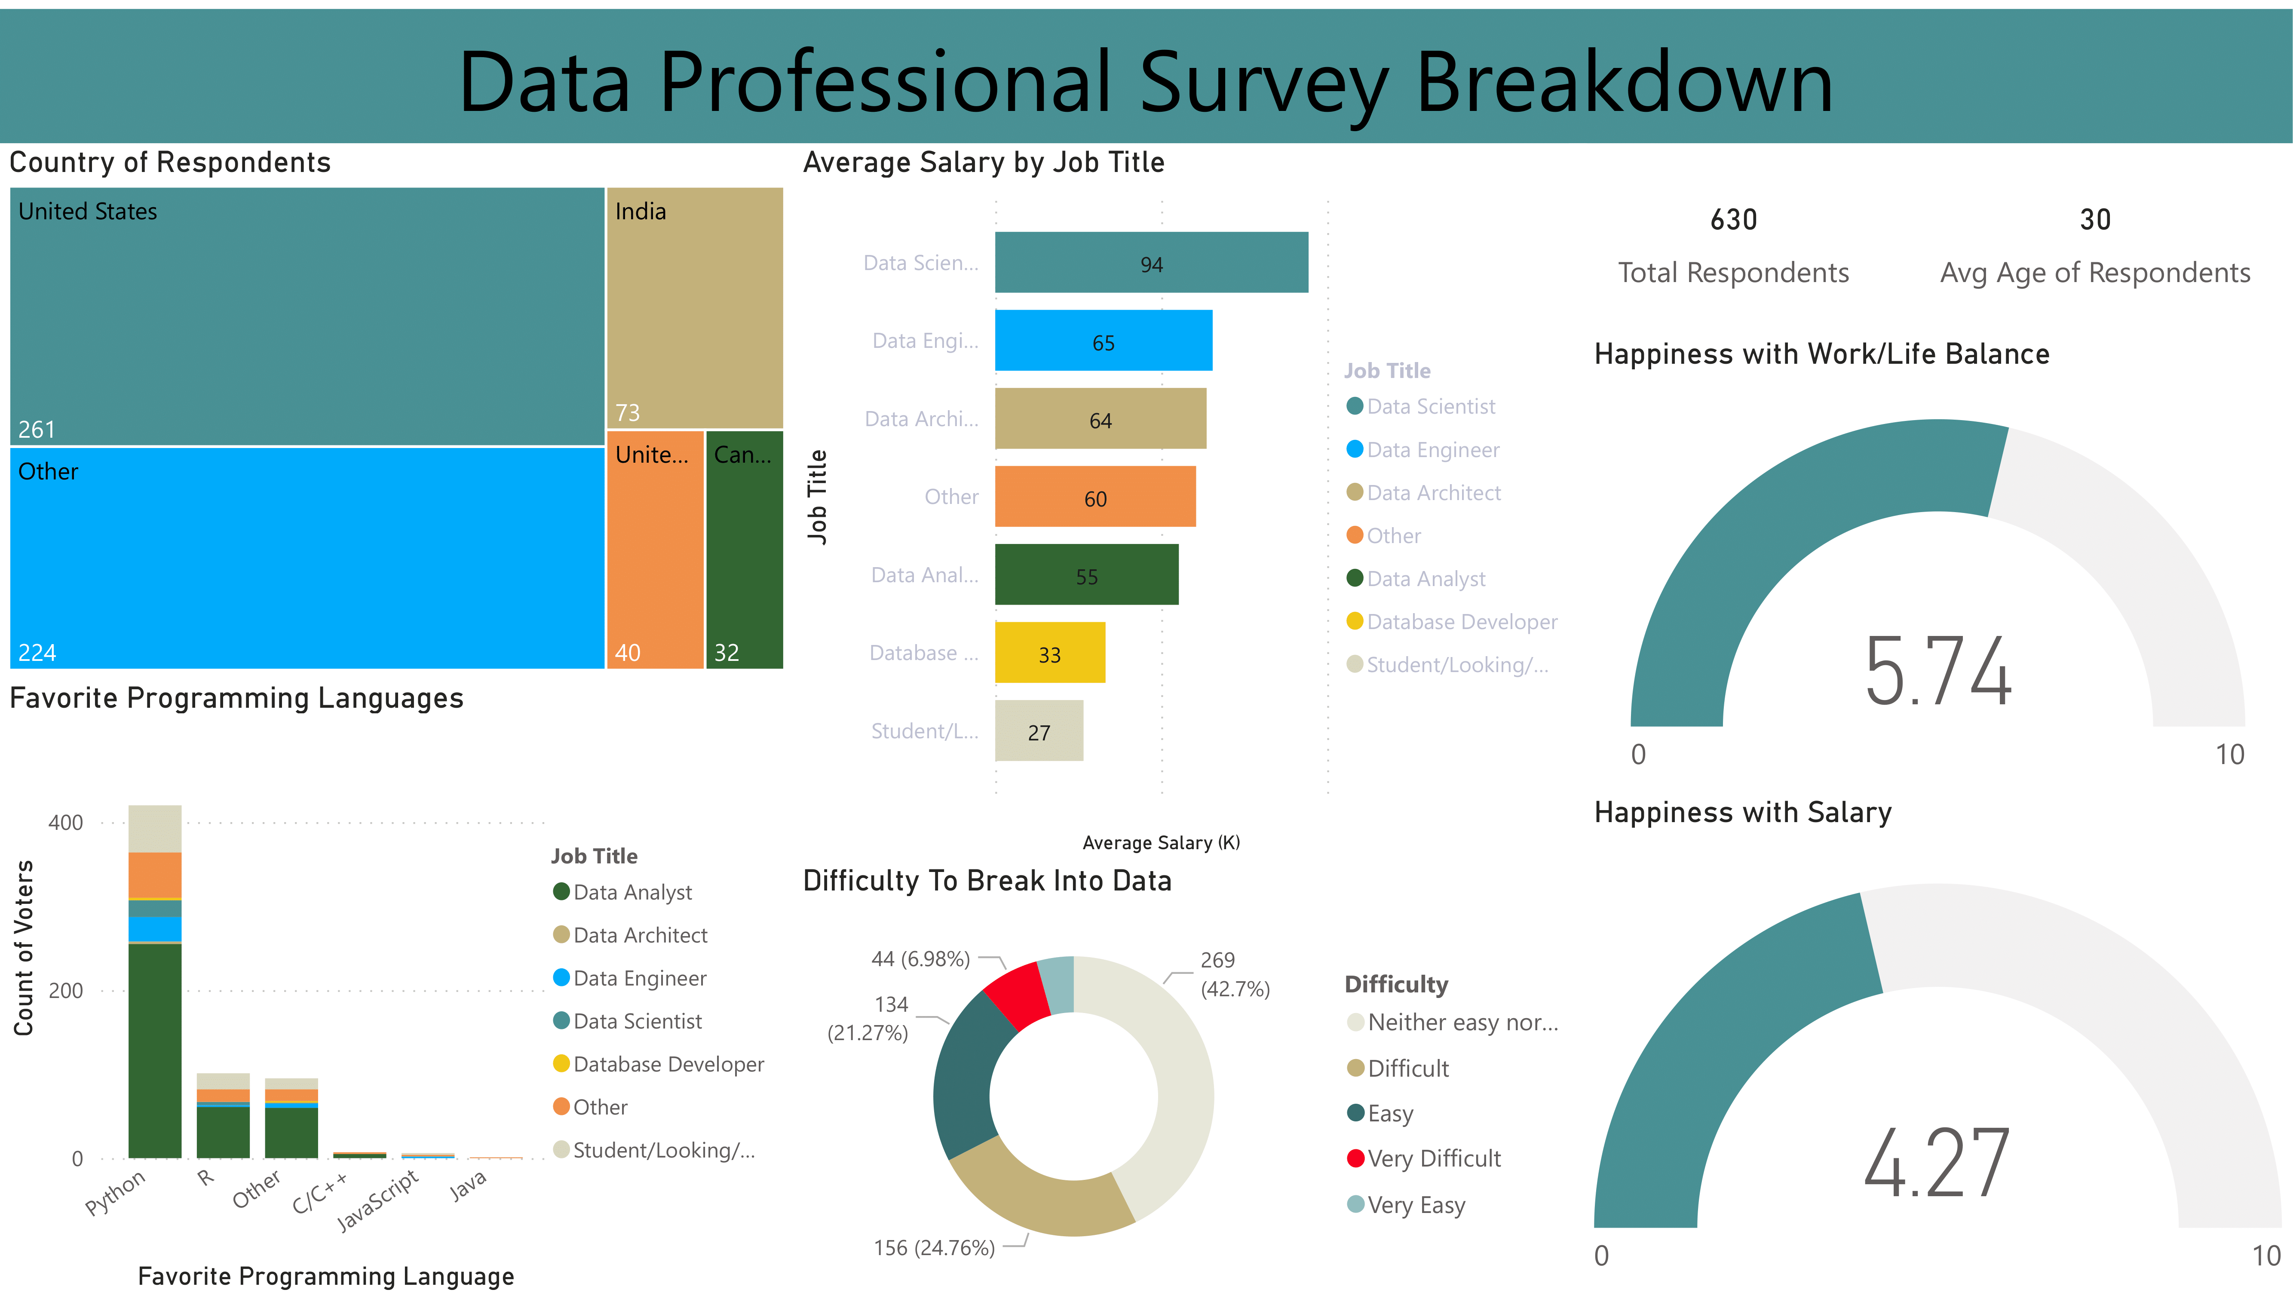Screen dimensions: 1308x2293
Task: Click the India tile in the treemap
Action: point(694,307)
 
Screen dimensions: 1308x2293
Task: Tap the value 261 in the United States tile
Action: point(37,430)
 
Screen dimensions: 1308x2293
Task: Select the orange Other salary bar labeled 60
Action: point(1095,497)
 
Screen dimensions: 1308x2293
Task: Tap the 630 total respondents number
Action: point(1732,220)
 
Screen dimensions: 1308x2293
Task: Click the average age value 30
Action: point(2094,220)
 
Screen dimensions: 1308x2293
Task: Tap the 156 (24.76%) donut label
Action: point(934,1248)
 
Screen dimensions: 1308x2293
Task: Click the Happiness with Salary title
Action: point(1742,812)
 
